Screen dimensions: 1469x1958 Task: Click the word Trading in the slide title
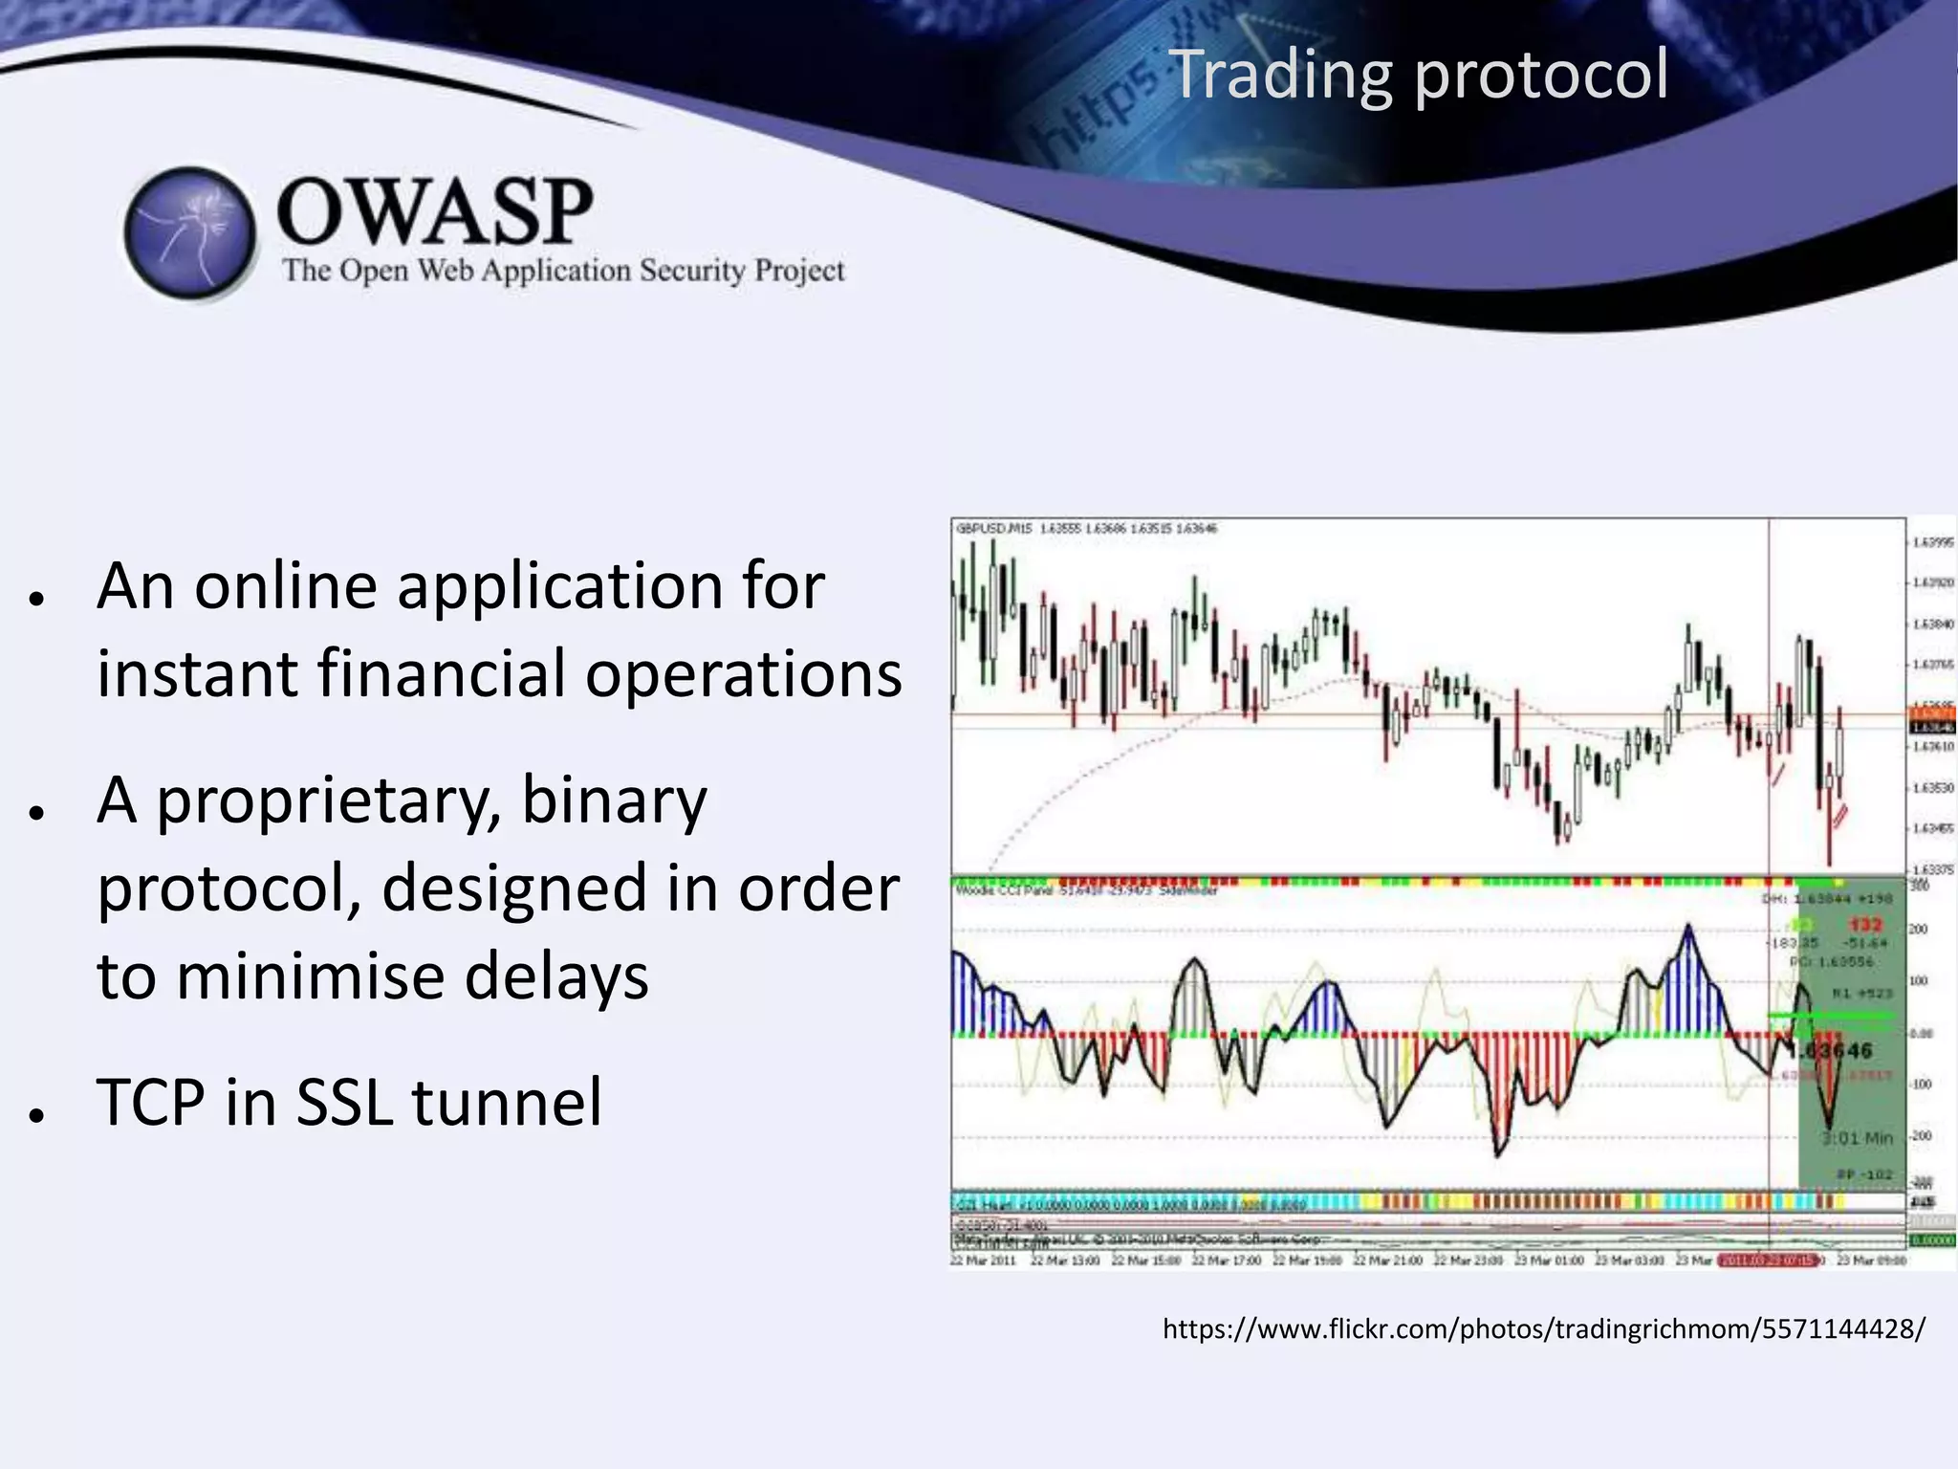tap(1279, 75)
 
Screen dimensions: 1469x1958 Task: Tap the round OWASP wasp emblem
tap(190, 232)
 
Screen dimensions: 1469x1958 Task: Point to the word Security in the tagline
tap(691, 271)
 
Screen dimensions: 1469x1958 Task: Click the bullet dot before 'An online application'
tap(37, 599)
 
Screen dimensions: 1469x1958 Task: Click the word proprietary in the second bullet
tap(328, 801)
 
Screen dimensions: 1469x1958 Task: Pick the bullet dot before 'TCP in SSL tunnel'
tap(37, 1115)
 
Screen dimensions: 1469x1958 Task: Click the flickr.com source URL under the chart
tap(1543, 1328)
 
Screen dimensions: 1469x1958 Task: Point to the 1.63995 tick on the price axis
tap(1932, 542)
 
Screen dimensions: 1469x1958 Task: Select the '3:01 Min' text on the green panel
tap(1857, 1138)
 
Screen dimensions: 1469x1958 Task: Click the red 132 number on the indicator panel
tap(1864, 924)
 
